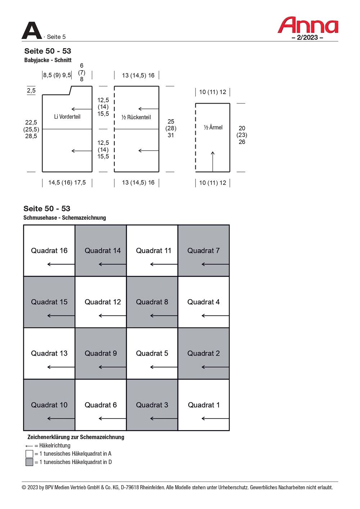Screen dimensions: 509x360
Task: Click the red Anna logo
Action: tap(308, 25)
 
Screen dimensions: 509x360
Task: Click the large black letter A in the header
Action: tap(32, 31)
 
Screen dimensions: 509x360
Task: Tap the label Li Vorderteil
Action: tap(67, 117)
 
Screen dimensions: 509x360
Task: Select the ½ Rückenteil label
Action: tap(136, 117)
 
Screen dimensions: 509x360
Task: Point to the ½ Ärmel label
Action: tap(213, 128)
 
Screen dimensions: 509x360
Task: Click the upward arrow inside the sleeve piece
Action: tap(213, 161)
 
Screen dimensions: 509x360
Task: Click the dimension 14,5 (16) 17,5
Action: tap(67, 183)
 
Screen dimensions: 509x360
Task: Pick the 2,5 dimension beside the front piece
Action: tap(31, 90)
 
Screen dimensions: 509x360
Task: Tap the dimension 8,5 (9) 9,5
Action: tap(57, 75)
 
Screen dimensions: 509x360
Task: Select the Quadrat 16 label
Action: tap(49, 251)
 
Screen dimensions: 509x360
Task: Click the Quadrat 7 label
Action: tap(203, 251)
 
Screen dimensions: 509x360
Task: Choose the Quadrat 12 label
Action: tap(103, 302)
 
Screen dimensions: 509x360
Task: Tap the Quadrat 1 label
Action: tap(204, 405)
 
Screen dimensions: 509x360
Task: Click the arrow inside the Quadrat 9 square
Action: tap(112, 367)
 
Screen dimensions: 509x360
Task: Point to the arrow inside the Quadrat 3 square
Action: tap(164, 419)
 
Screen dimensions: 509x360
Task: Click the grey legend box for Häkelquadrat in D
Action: tap(30, 462)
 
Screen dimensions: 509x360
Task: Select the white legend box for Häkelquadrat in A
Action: tap(30, 454)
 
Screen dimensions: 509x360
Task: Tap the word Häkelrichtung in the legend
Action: tap(55, 446)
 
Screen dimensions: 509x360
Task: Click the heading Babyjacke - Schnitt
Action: tap(48, 60)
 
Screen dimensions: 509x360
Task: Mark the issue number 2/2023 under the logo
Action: tap(307, 37)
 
